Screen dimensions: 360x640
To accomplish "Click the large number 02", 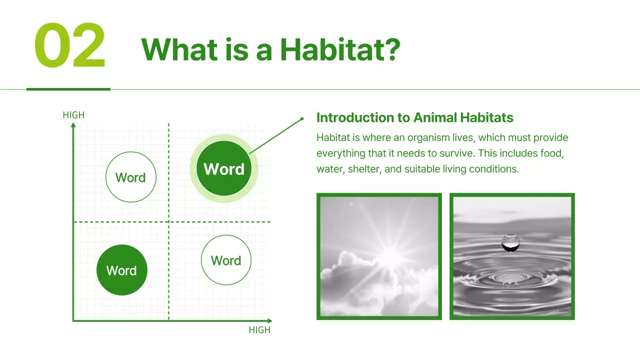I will [70, 46].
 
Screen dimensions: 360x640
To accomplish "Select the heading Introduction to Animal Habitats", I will [414, 117].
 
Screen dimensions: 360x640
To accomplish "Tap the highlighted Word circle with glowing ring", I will [223, 168].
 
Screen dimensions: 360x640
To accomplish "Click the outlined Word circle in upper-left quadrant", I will [130, 177].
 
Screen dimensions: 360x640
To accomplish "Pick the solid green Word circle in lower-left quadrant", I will [121, 270].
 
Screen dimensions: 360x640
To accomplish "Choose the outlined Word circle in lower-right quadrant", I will [226, 260].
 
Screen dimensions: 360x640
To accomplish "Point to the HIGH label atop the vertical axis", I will [73, 115].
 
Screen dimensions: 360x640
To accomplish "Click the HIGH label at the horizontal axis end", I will [259, 330].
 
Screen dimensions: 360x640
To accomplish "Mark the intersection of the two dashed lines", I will [168, 221].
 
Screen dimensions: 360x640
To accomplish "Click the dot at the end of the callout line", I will [302, 119].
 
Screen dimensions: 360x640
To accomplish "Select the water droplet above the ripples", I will [510, 242].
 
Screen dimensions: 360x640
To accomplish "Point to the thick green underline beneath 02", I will [68, 89].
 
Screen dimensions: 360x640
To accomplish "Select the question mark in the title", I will [391, 49].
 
